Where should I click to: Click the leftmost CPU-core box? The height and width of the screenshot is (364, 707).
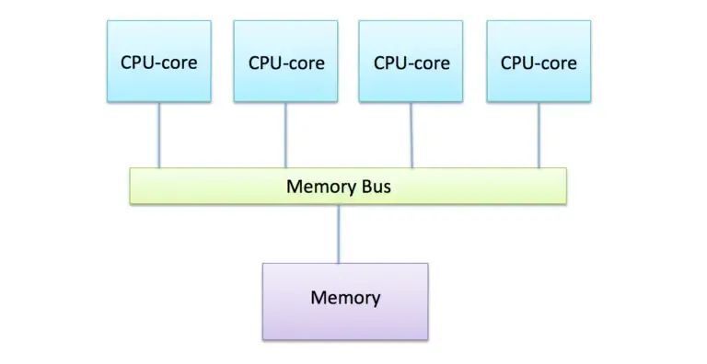tap(159, 62)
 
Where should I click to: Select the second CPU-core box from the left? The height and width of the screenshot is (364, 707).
tap(286, 62)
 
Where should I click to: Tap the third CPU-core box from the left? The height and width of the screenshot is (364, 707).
tap(411, 62)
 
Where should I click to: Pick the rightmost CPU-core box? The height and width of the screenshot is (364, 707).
tap(539, 62)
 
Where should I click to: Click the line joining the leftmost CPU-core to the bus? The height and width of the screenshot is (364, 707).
tap(159, 135)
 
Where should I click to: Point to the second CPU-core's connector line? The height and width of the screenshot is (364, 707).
tap(285, 135)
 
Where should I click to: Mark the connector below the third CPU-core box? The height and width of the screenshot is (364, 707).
tap(411, 135)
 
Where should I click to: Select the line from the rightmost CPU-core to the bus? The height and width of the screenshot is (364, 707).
tap(539, 135)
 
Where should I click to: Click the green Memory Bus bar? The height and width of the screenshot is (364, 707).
tap(348, 186)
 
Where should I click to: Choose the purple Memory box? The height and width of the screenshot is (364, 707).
tap(345, 301)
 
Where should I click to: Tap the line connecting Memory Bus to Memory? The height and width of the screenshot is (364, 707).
tap(339, 233)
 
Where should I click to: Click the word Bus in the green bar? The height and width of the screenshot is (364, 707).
tap(376, 187)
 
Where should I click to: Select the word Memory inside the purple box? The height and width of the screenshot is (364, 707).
tap(345, 299)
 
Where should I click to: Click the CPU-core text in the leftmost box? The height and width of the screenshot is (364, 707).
tap(158, 63)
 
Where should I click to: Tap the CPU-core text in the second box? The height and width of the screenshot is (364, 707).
tap(286, 63)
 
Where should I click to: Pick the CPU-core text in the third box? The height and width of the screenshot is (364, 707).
tap(411, 63)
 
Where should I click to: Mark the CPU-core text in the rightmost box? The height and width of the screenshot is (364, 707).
tap(539, 63)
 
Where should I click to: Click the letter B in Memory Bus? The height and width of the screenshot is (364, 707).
tap(366, 187)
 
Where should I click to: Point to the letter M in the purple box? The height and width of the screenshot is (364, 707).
tap(319, 297)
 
